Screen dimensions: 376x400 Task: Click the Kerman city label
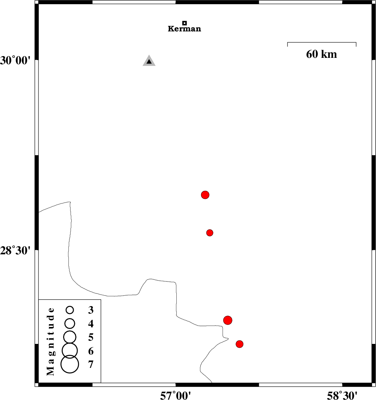(184, 29)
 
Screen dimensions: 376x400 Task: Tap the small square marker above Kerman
(184, 23)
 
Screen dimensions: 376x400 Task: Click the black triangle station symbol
(149, 61)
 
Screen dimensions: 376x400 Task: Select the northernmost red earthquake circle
(205, 195)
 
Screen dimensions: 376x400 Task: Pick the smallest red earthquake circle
(210, 233)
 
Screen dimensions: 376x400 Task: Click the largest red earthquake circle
(228, 320)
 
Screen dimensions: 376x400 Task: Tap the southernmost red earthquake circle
(239, 344)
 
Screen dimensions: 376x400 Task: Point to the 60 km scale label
(321, 54)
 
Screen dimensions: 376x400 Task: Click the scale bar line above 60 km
(322, 42)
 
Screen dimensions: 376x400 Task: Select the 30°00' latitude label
(15, 61)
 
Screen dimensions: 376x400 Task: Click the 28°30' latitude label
(15, 251)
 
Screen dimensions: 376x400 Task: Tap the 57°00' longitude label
(176, 395)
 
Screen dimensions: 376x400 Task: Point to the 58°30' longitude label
(342, 395)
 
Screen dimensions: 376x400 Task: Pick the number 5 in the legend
(91, 337)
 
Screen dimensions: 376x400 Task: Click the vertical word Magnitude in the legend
(50, 341)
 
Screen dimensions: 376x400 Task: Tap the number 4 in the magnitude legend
(91, 324)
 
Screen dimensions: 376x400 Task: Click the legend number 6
(91, 351)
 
